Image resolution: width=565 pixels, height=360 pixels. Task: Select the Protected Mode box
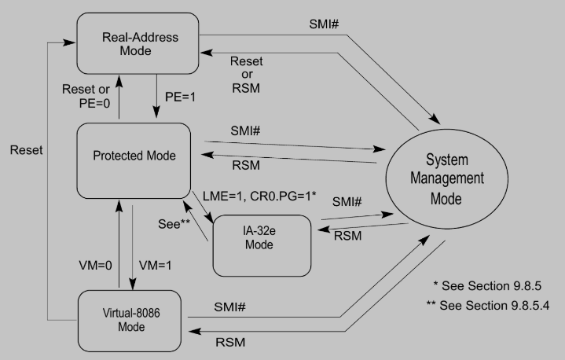(x=134, y=156)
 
